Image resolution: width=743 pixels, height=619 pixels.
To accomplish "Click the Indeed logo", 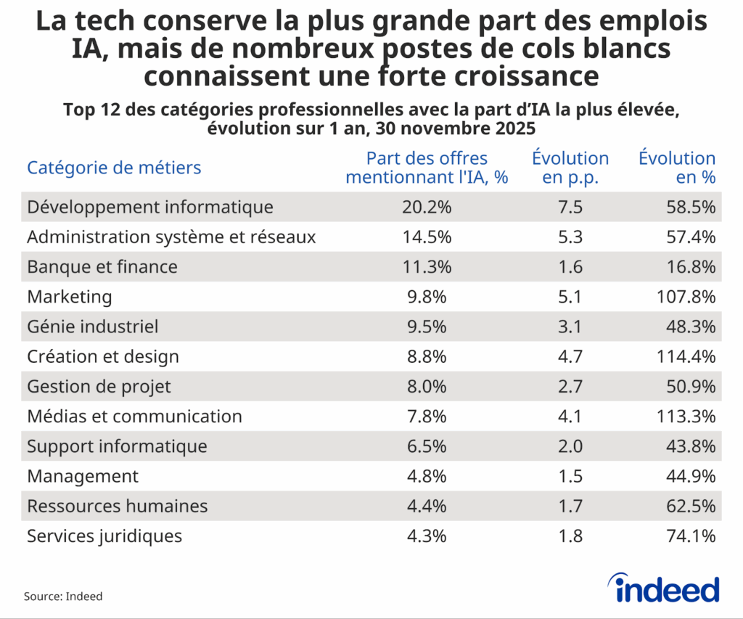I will (662, 588).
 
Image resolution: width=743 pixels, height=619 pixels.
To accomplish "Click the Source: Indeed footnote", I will (63, 597).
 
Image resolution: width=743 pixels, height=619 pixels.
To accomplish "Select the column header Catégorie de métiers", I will (114, 168).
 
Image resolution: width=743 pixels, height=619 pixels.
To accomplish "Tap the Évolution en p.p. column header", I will (570, 168).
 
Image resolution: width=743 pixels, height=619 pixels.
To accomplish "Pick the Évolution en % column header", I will (676, 168).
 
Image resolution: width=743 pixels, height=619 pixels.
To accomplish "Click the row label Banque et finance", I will (102, 267).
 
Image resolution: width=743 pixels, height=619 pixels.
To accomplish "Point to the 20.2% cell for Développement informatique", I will (427, 208).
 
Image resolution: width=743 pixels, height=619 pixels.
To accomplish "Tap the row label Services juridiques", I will (104, 536).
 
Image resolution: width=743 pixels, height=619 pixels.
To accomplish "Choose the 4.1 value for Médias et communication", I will (570, 417).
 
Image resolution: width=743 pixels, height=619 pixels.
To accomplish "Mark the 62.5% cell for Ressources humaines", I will (691, 506).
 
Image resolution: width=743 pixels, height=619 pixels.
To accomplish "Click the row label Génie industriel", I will (92, 327).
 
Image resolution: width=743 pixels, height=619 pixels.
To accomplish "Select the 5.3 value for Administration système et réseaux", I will (570, 237).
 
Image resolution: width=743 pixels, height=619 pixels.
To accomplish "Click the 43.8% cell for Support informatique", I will (691, 446).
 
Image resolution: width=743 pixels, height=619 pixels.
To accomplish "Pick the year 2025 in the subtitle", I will (514, 129).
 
